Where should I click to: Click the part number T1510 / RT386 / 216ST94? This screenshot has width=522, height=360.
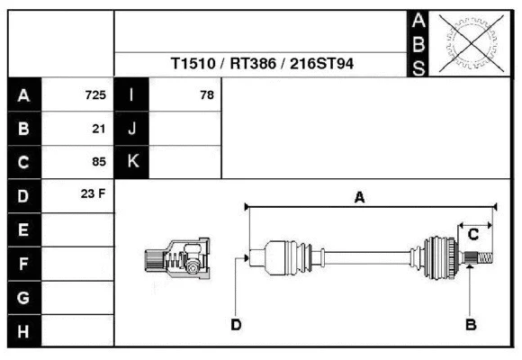(263, 65)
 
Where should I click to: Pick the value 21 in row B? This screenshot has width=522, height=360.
(99, 129)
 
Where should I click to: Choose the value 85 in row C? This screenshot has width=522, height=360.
(99, 163)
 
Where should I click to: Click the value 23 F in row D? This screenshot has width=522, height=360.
(94, 194)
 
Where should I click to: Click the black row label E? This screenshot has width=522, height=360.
(24, 229)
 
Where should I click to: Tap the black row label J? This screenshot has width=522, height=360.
(132, 129)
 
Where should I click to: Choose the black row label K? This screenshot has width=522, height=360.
(132, 162)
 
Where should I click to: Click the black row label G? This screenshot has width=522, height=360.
(24, 297)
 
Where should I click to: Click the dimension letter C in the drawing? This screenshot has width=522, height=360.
(472, 236)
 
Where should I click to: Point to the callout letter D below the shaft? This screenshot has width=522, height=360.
(235, 324)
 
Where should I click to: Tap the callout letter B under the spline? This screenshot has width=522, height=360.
(470, 324)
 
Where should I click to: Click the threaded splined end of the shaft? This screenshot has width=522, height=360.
(481, 259)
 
